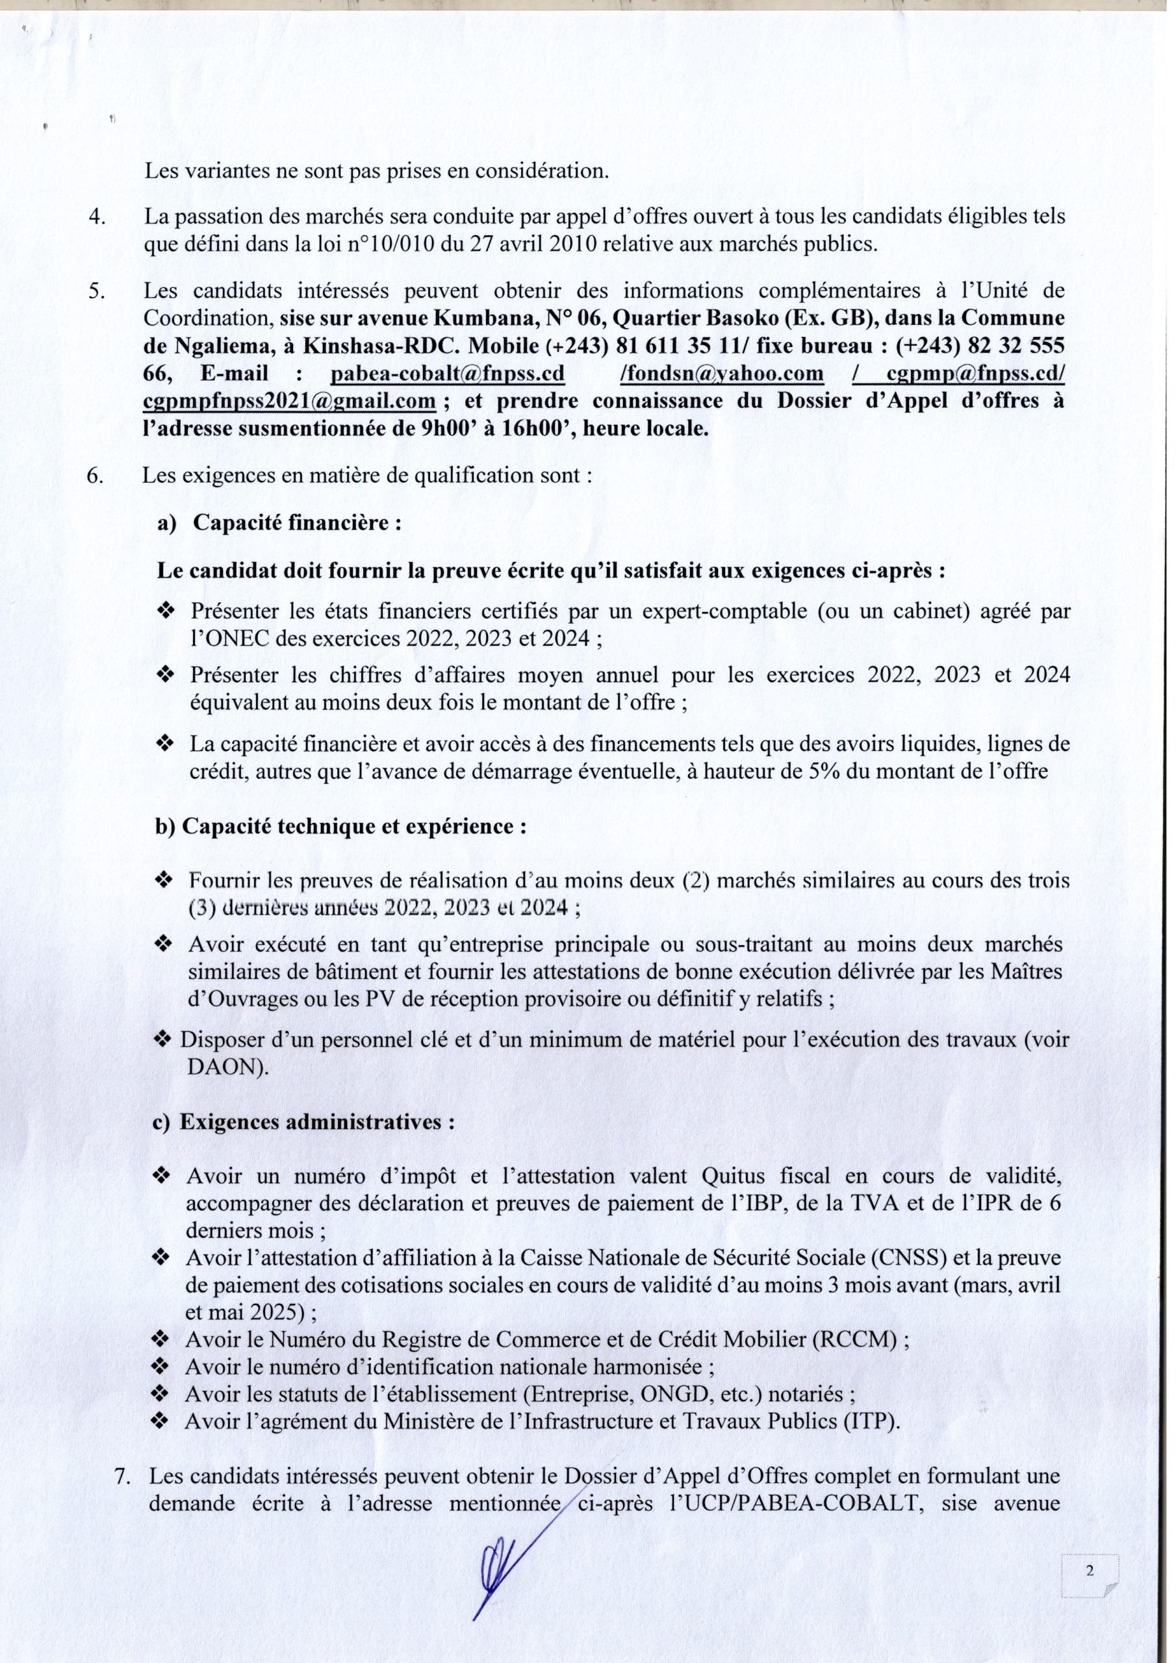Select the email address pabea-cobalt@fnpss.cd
[x=447, y=374]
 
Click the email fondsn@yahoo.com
[x=723, y=374]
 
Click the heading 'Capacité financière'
[x=297, y=523]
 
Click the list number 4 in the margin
[x=96, y=216]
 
